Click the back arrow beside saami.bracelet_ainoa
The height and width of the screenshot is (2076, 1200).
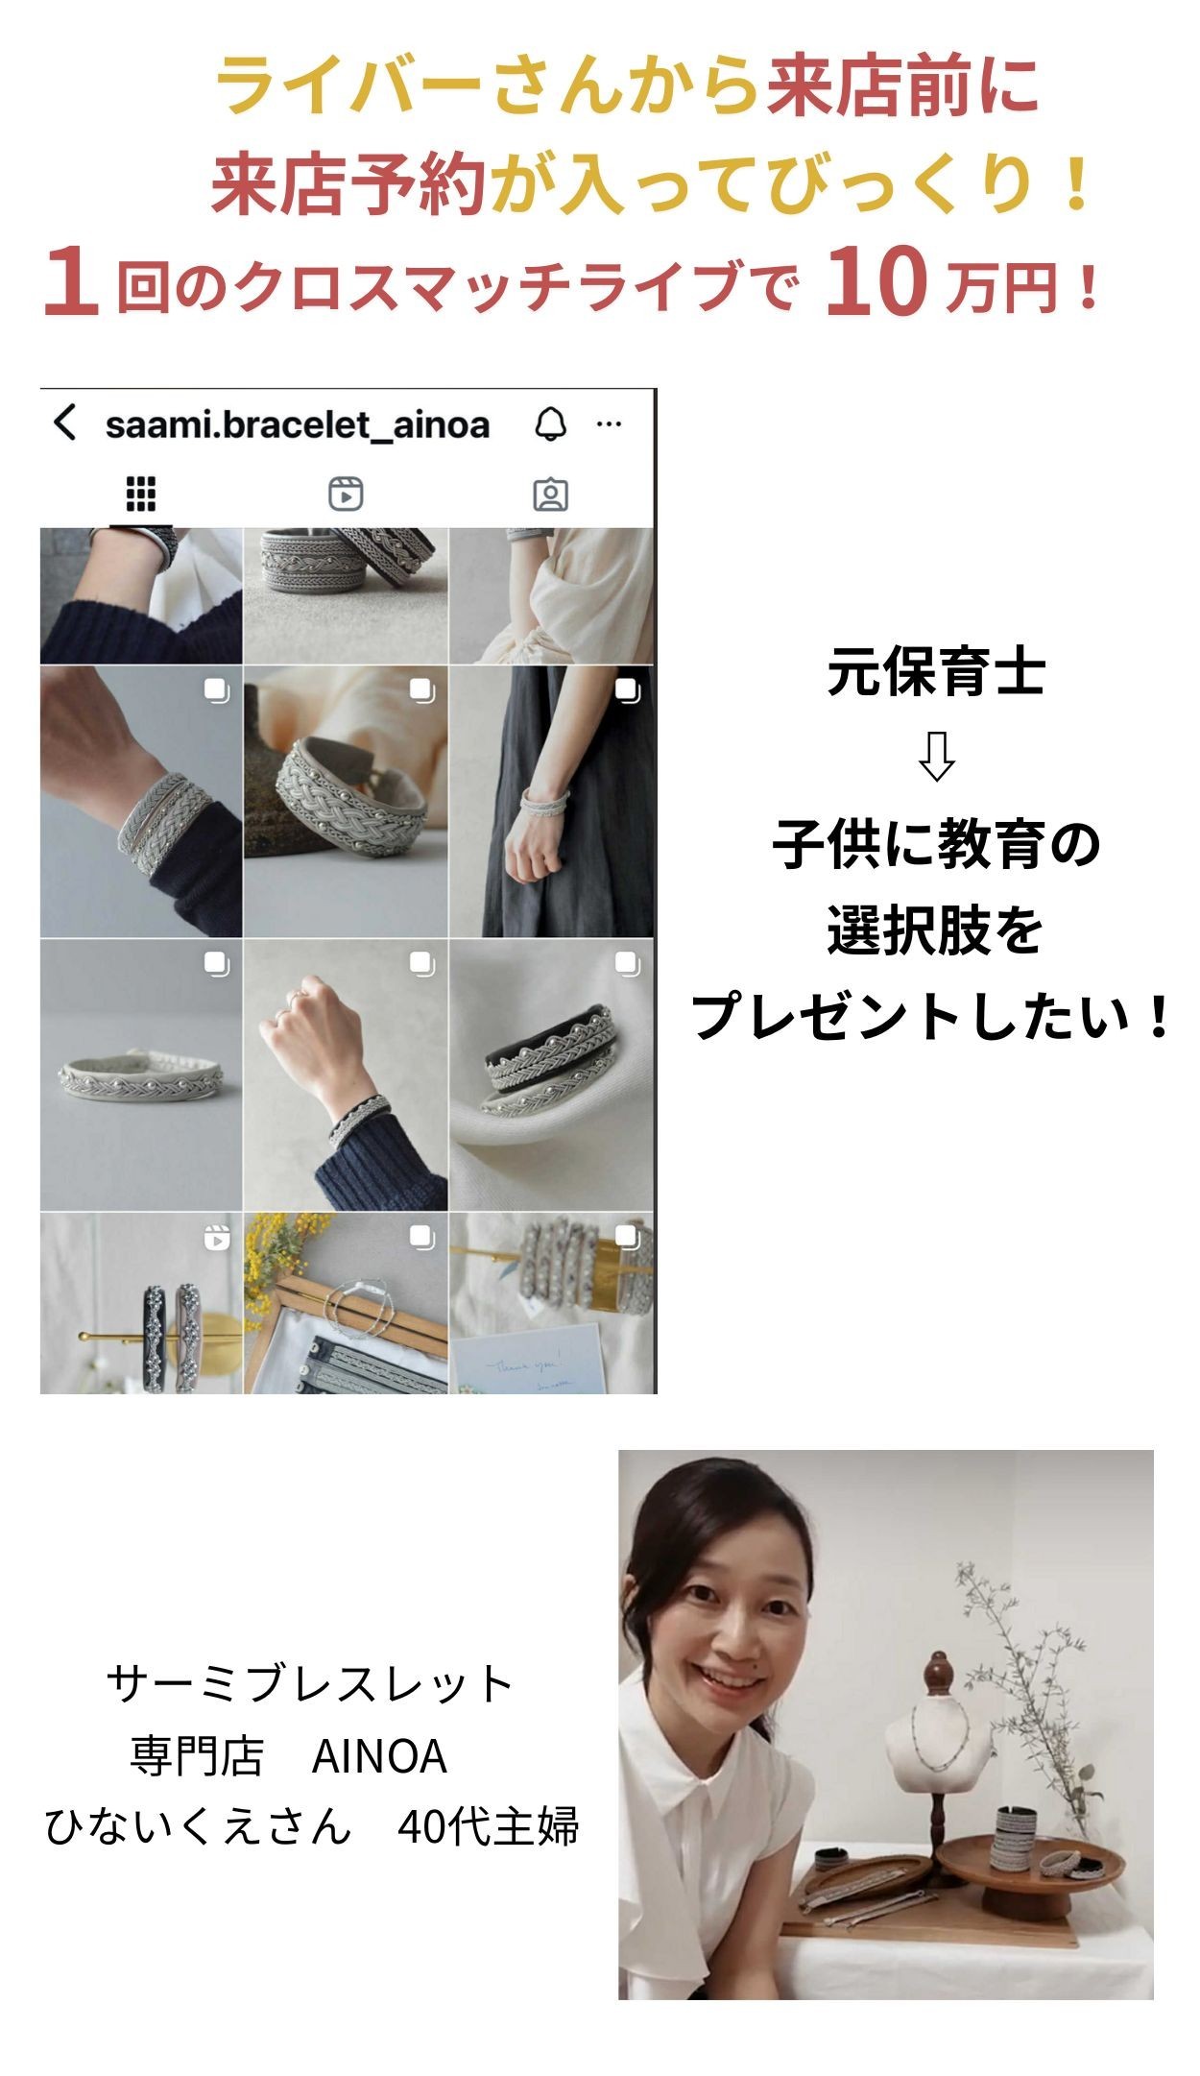point(64,422)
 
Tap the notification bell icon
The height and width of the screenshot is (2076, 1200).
point(550,423)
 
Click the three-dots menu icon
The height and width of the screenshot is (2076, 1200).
point(610,423)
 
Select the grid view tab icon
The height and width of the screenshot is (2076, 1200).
point(141,494)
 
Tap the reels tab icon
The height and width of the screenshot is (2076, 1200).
point(346,494)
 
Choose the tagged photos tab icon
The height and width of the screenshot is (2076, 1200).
point(550,495)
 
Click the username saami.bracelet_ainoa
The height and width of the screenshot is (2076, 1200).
point(298,424)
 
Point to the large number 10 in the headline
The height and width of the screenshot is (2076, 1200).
point(876,281)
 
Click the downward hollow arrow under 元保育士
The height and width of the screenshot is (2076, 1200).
point(936,757)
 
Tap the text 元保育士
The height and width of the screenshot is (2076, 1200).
point(936,672)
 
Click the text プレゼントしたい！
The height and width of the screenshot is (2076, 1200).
point(931,1017)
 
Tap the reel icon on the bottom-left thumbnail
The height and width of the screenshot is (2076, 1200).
point(217,1239)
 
